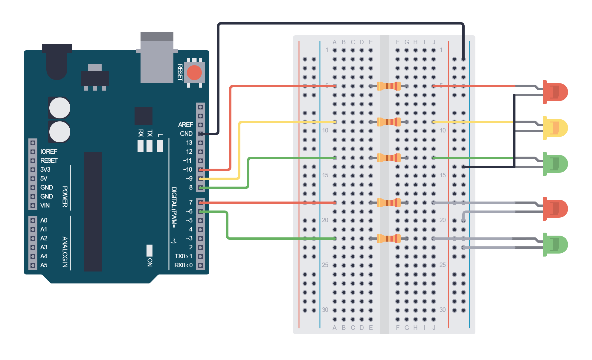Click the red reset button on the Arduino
click(194, 73)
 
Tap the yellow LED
click(555, 128)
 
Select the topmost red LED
click(555, 92)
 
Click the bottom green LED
click(555, 245)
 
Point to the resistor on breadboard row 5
click(389, 86)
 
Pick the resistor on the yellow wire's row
click(389, 122)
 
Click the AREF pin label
click(185, 124)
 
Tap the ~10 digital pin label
click(187, 170)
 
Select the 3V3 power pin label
click(45, 170)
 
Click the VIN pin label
click(45, 205)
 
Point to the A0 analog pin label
click(44, 220)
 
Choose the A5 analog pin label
click(44, 265)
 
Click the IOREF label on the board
click(48, 152)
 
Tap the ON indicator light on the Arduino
click(149, 251)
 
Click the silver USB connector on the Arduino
click(157, 57)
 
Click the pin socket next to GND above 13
click(200, 134)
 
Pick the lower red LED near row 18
click(555, 209)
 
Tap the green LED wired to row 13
click(555, 164)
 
